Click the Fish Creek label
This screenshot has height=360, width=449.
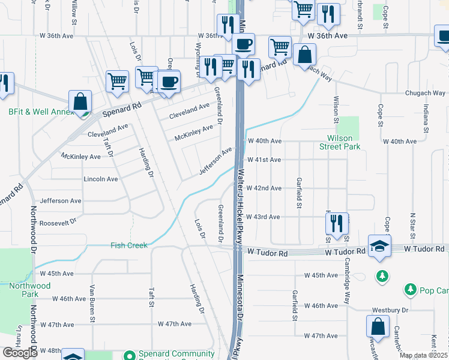[128, 245]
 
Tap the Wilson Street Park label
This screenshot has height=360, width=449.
[339, 142]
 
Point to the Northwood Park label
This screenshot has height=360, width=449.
[30, 290]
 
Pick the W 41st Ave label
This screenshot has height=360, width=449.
[264, 160]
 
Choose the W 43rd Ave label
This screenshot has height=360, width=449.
[264, 217]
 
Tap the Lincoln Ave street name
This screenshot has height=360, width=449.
[101, 179]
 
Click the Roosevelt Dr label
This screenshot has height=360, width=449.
[59, 221]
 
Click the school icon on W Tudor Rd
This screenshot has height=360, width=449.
[379, 247]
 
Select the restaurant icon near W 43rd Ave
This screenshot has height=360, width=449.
[337, 223]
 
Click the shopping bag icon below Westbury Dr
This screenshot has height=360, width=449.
[378, 327]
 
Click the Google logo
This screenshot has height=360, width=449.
[20, 353]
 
